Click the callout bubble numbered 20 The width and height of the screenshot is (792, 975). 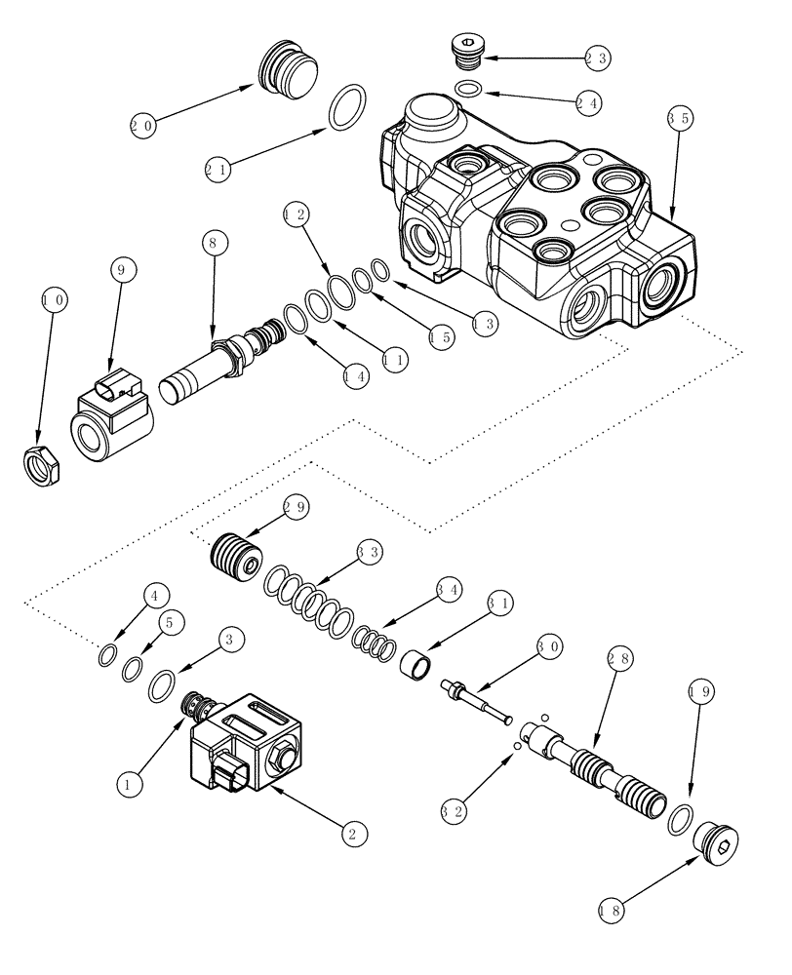click(143, 125)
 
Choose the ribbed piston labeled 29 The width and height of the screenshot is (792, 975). click(236, 560)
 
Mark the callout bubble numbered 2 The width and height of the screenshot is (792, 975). click(353, 833)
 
